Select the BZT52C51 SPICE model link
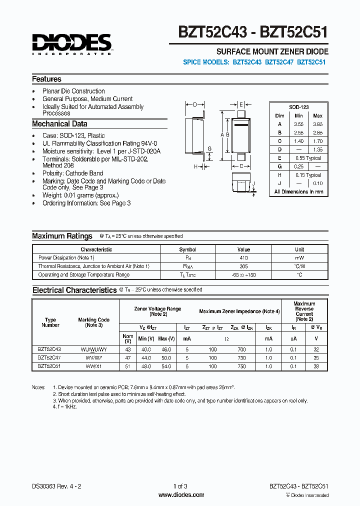(x=312, y=62)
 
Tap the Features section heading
(x=46, y=79)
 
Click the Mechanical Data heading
(x=59, y=124)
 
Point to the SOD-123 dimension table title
(x=298, y=107)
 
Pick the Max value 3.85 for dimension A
(x=317, y=123)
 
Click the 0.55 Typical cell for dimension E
(x=307, y=157)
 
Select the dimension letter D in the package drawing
(x=195, y=104)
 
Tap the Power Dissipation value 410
(x=243, y=257)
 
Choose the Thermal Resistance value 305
(x=243, y=266)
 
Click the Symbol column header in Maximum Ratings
(x=188, y=249)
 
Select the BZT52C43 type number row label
(x=49, y=349)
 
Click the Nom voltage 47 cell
(x=127, y=358)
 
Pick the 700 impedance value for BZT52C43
(x=241, y=349)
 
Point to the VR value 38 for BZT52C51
(x=315, y=366)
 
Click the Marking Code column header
(x=93, y=322)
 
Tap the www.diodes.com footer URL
(x=181, y=495)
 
